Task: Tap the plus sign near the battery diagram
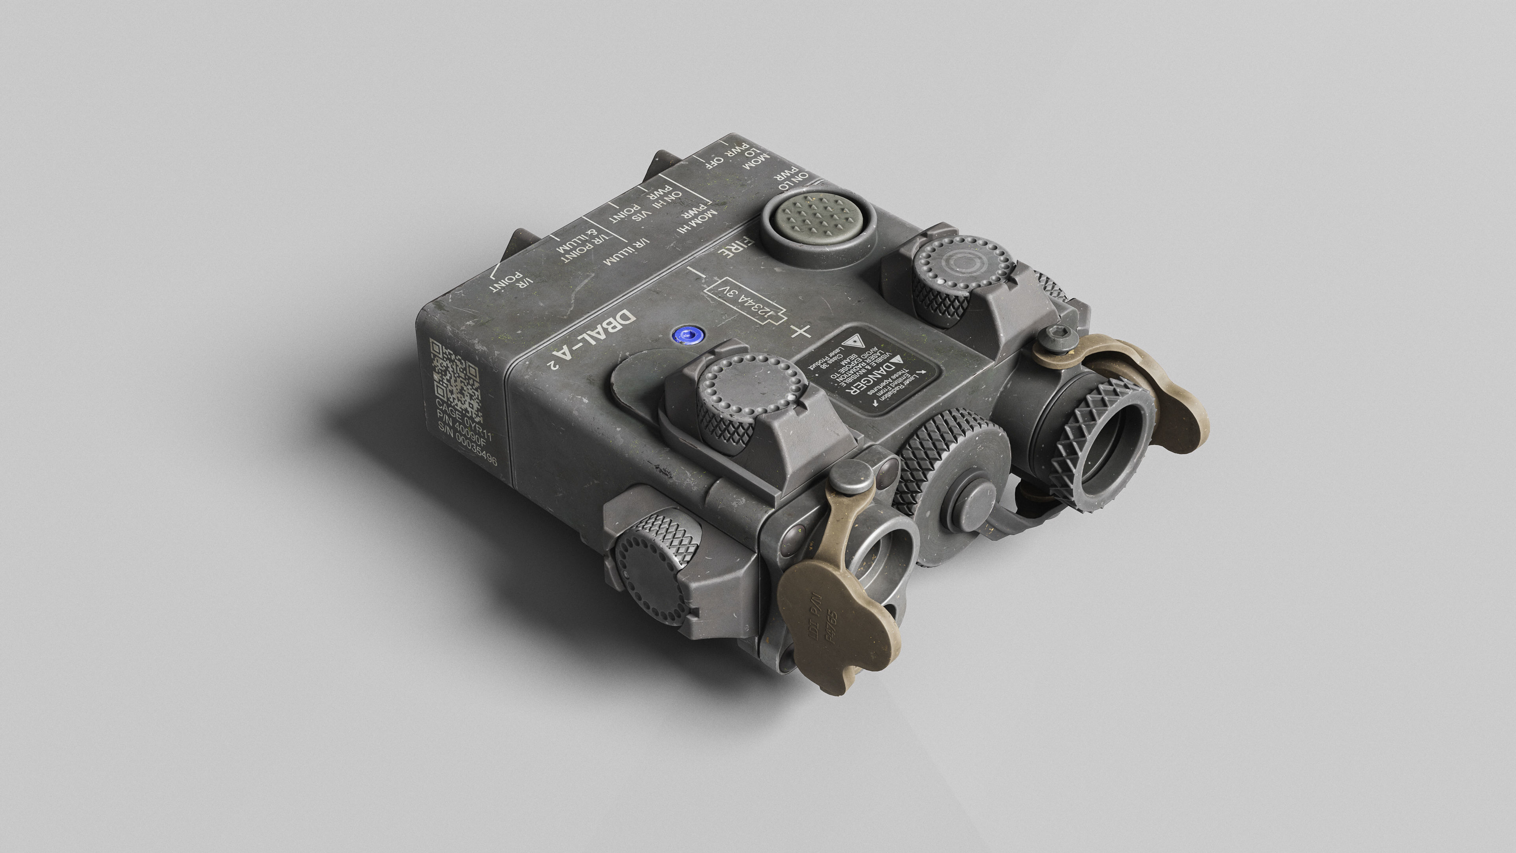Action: point(801,331)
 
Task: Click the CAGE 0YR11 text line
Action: point(463,419)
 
